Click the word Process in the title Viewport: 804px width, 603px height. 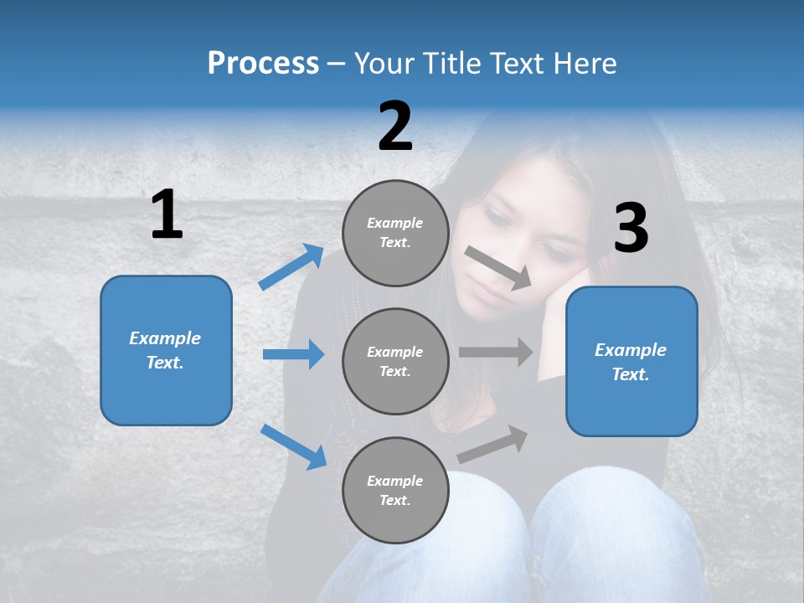(x=263, y=64)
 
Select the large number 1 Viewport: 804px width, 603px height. (x=167, y=215)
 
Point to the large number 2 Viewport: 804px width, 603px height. (x=395, y=126)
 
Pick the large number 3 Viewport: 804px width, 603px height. (x=631, y=229)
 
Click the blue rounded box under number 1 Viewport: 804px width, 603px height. (x=166, y=350)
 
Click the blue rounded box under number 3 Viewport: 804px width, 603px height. (x=631, y=361)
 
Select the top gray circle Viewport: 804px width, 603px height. (x=395, y=233)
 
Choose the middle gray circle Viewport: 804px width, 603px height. (x=395, y=361)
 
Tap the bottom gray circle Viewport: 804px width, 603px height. (x=395, y=490)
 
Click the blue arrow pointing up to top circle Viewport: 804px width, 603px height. (x=291, y=267)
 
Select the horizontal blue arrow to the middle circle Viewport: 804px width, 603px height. (x=293, y=354)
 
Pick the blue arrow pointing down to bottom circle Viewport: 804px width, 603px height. (x=293, y=446)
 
